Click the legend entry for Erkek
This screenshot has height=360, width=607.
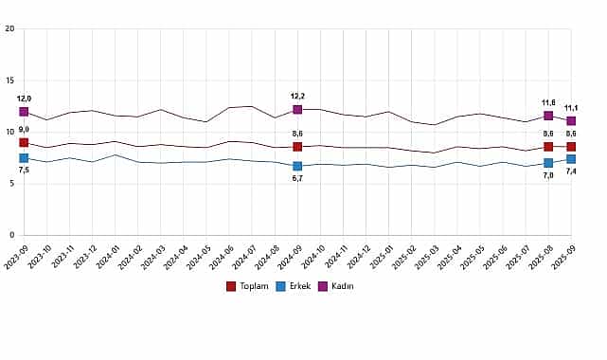(295, 285)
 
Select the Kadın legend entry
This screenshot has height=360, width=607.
(336, 285)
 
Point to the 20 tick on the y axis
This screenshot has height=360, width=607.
(9, 28)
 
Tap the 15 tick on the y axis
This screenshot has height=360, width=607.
(9, 81)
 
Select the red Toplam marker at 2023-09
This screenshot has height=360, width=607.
(24, 142)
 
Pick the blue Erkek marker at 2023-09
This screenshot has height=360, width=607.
(24, 158)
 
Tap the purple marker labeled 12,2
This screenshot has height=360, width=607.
(297, 110)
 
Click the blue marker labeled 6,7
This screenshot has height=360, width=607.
(297, 166)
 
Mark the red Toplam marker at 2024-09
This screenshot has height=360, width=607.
(297, 147)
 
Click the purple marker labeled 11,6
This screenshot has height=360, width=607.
(548, 116)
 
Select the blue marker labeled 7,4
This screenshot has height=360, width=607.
(571, 159)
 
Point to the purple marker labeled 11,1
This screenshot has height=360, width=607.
(571, 121)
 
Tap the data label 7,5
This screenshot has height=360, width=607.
(24, 171)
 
